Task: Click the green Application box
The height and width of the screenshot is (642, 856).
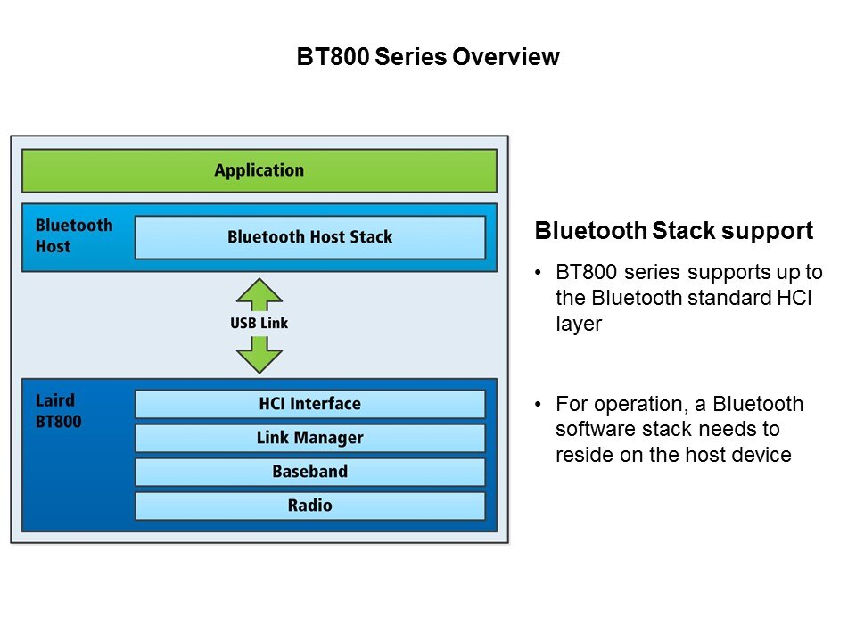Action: [259, 170]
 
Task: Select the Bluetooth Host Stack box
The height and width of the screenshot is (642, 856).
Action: [309, 237]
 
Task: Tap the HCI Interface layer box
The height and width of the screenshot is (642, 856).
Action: [309, 404]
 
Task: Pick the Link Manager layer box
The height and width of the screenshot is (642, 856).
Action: [309, 438]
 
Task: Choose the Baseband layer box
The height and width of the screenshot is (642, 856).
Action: [309, 472]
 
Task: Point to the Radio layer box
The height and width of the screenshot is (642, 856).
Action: [309, 506]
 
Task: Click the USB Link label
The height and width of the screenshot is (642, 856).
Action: [259, 323]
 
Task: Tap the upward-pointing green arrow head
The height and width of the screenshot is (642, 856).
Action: [259, 292]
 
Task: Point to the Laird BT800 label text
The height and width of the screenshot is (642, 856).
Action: [58, 412]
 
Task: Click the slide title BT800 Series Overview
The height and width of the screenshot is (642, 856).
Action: [428, 58]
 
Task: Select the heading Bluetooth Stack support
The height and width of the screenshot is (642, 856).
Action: [673, 232]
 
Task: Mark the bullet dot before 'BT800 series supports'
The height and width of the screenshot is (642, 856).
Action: [539, 272]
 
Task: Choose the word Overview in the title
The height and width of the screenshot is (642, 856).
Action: [506, 58]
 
